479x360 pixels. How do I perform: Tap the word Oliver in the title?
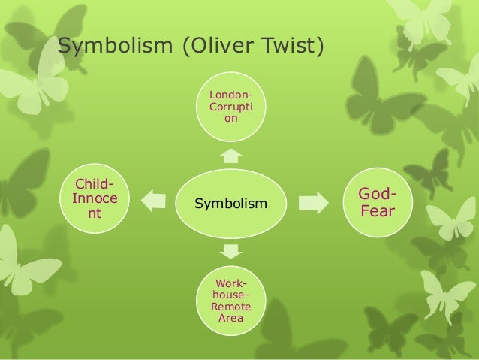218,47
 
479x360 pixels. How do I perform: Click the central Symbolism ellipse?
230,203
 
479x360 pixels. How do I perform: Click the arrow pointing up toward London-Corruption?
232,156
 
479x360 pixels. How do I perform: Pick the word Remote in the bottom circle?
233,307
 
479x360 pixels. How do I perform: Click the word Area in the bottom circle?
233,319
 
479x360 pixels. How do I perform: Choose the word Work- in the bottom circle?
233,283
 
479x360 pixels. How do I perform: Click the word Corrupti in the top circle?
230,108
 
